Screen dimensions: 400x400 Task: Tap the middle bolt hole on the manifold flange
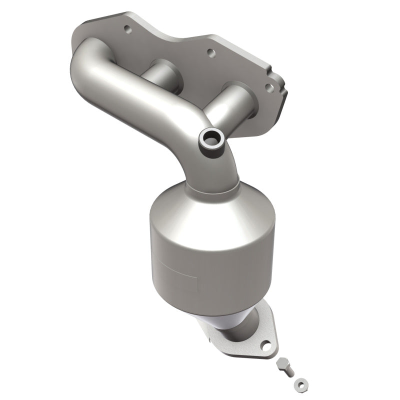coord(210,51)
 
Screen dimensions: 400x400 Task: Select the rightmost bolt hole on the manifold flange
coord(269,88)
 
